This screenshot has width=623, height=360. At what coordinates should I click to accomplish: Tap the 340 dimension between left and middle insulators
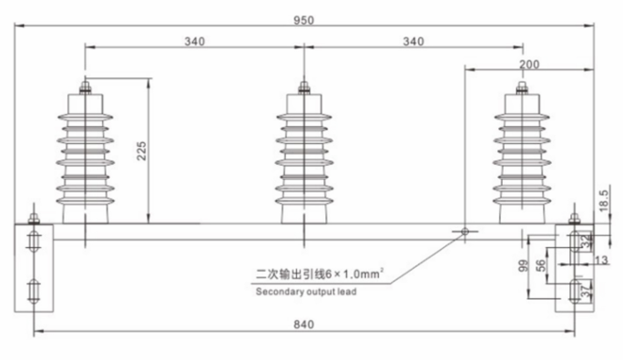point(193,40)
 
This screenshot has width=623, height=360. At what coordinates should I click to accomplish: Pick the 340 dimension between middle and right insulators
point(413,40)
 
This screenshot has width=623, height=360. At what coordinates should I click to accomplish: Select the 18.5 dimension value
point(605,199)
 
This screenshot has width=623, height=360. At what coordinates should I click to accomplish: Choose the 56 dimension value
point(540,266)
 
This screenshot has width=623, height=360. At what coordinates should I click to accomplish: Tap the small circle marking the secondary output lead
point(465,232)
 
